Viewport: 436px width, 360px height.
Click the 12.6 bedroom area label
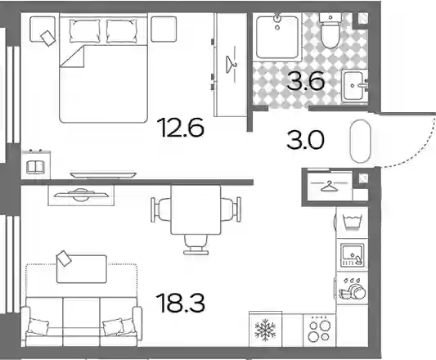181,128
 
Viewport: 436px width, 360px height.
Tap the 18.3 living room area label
181,303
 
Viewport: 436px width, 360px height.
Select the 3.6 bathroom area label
306,81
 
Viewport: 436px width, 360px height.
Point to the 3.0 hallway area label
305,140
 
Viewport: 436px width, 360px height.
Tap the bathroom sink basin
354,85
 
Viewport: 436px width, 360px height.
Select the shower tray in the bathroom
277,38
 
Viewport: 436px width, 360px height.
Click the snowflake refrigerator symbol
265,330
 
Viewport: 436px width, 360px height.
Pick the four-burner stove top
319,331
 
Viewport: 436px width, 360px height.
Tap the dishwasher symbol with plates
352,289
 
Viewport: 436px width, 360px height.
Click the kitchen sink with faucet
353,254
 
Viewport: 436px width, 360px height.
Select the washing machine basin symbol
352,222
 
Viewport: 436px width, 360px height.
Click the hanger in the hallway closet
329,187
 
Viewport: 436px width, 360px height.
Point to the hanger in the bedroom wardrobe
231,65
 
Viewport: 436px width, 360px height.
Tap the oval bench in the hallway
361,142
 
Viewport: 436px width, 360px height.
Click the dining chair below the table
196,245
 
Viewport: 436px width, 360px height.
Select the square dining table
196,209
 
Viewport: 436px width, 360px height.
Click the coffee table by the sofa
82,269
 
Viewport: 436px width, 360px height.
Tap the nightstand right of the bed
164,29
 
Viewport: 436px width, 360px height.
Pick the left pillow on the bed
84,31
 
